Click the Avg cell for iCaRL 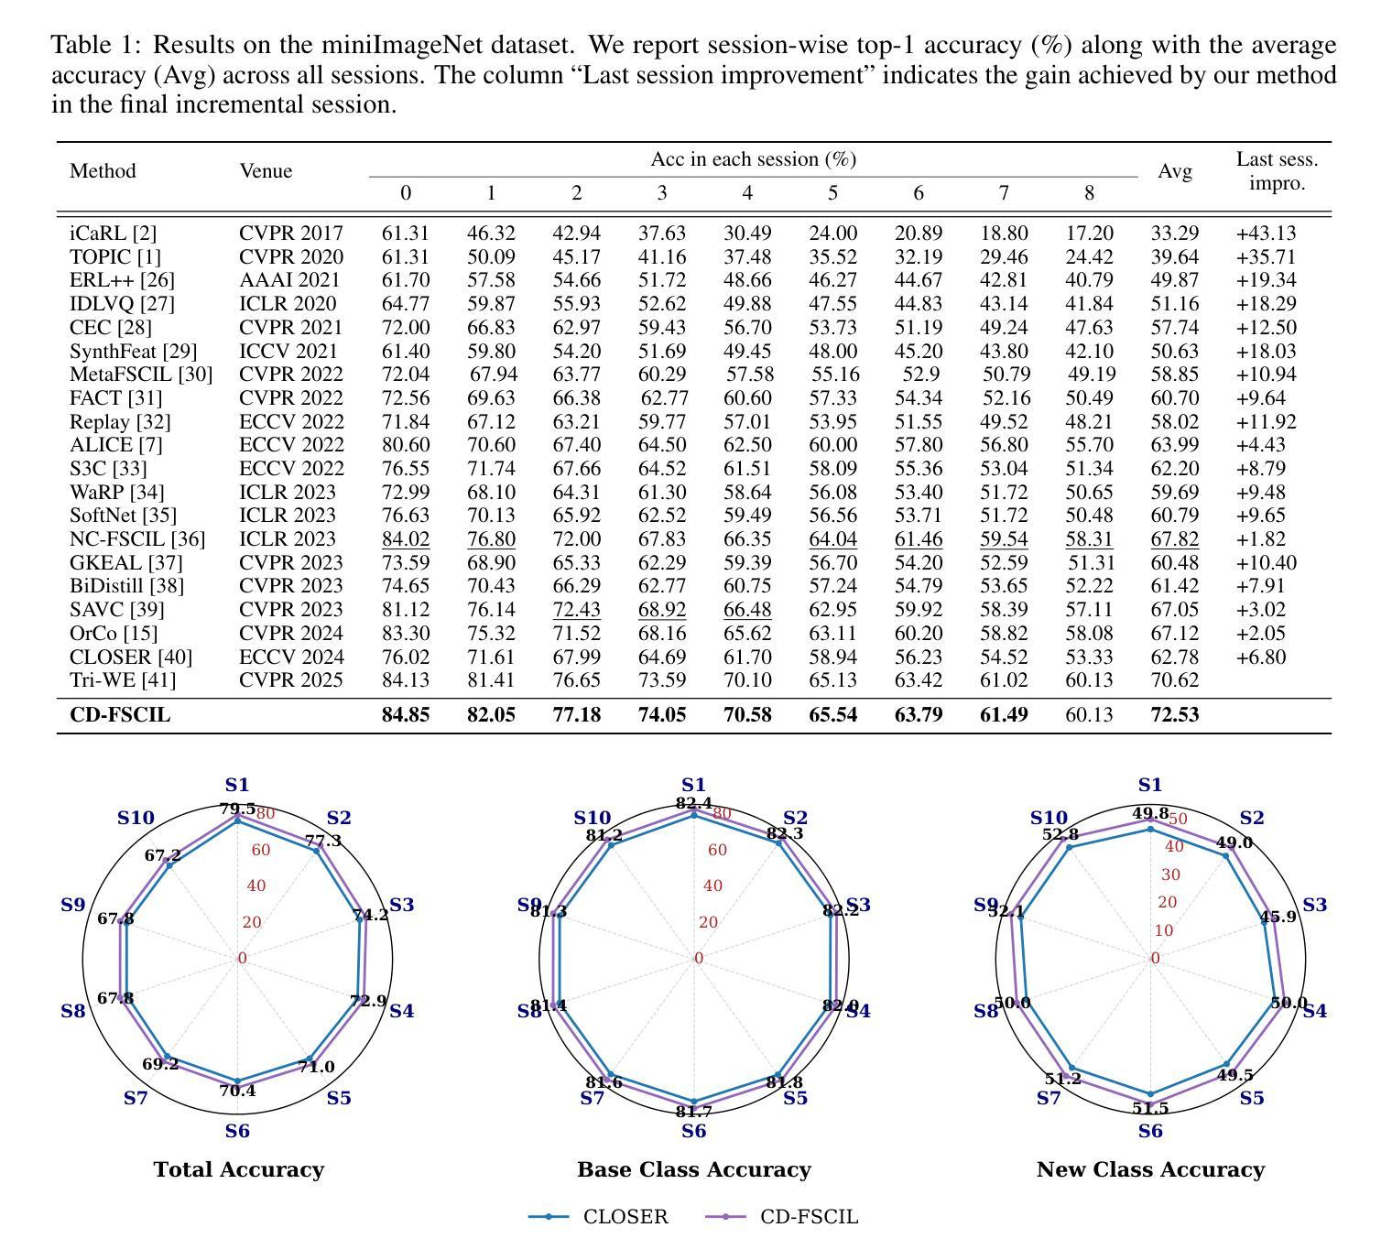[1174, 234]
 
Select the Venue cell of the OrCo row [291, 633]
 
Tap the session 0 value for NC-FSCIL [406, 539]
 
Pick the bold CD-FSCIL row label [120, 715]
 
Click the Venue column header [266, 171]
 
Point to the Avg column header [1174, 171]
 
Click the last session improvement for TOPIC [1266, 257]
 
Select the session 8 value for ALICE [1089, 445]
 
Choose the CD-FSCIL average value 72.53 [1174, 715]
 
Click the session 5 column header [832, 193]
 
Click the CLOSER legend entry [599, 1217]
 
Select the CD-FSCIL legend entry [782, 1217]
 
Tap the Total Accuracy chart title [239, 1169]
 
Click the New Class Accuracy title [1150, 1169]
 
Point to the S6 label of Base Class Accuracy [694, 1131]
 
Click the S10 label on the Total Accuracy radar [136, 818]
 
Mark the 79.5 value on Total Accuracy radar [237, 809]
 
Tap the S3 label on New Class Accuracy [1314, 905]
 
